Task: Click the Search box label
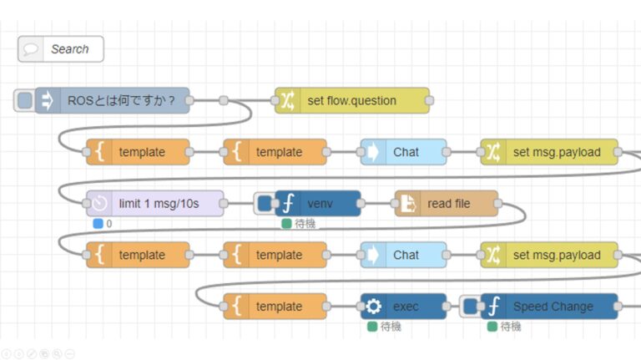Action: coord(69,49)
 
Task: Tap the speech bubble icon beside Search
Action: coord(32,49)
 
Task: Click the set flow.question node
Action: coord(351,101)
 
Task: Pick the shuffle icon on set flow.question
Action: coord(286,101)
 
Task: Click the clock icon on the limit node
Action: coord(98,204)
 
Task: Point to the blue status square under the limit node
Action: coord(98,224)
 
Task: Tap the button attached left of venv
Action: coord(263,204)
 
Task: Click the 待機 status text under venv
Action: coord(305,224)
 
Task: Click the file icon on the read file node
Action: coord(406,204)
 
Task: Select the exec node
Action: coord(404,307)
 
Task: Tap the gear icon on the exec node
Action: coord(373,307)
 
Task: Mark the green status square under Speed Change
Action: coord(492,327)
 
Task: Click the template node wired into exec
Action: coord(275,307)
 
